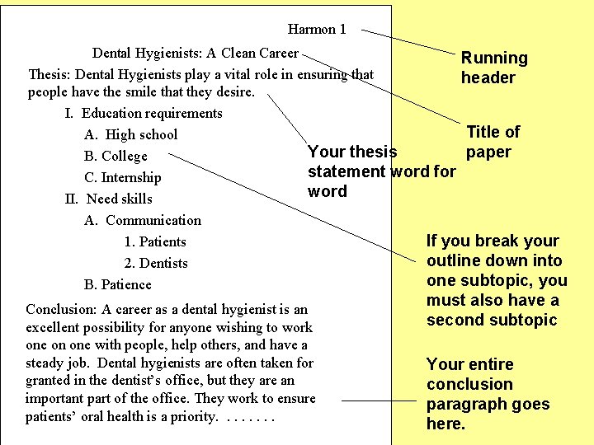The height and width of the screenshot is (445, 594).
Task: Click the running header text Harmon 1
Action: point(317,30)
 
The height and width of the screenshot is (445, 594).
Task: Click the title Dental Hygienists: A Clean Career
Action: point(195,54)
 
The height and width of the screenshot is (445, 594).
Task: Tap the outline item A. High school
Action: point(130,134)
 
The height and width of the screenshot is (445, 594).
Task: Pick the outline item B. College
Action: point(115,156)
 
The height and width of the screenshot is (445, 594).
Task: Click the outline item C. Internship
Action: point(123,177)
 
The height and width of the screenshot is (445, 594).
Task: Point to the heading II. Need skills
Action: point(108,199)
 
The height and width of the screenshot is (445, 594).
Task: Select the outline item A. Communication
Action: point(143,220)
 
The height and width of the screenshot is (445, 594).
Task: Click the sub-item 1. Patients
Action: point(155,241)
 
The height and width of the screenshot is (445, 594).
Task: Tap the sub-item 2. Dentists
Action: point(156,263)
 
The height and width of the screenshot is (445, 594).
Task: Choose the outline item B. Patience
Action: point(118,284)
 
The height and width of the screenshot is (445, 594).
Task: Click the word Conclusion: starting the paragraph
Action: point(62,310)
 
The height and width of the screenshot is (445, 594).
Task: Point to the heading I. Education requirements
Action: point(144,113)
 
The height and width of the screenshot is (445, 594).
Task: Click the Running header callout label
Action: point(493,68)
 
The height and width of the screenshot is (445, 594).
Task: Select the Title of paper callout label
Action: point(493,142)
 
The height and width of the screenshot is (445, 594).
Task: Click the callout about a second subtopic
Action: point(497,280)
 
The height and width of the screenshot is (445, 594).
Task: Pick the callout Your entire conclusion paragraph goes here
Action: point(488,394)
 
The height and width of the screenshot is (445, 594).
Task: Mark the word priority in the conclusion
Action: point(189,416)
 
